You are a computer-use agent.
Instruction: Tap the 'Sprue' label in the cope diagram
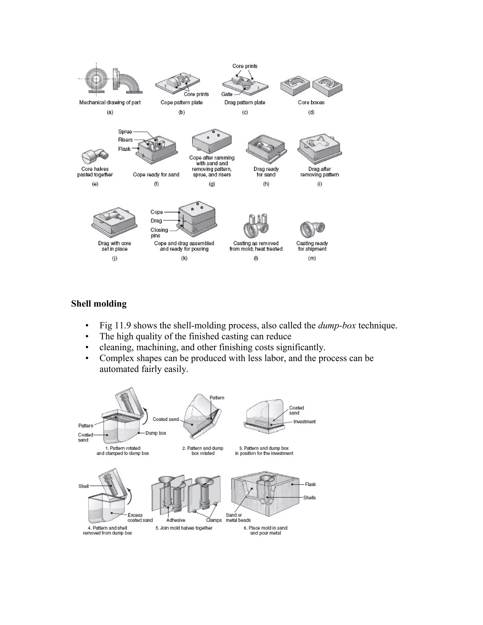pos(125,132)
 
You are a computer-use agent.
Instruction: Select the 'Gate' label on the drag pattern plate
pos(227,94)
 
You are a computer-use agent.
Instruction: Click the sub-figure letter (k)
pos(184,258)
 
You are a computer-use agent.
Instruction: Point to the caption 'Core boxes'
pos(311,102)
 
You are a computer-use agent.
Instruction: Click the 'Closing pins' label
pos(159,233)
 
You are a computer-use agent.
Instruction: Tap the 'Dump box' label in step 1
pos(156,433)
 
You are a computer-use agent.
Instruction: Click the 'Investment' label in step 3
pos(304,421)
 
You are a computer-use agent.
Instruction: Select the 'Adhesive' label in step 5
pos(176,520)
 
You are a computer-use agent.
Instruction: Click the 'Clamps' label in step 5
pos(214,520)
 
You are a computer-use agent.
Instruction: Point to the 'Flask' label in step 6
pos(310,484)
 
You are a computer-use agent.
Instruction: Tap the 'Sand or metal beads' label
pos(238,517)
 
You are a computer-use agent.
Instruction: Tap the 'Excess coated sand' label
pos(140,517)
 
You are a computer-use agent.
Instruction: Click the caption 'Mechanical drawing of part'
pos(110,102)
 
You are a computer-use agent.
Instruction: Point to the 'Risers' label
pos(125,140)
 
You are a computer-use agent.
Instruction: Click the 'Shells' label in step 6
pos(309,498)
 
